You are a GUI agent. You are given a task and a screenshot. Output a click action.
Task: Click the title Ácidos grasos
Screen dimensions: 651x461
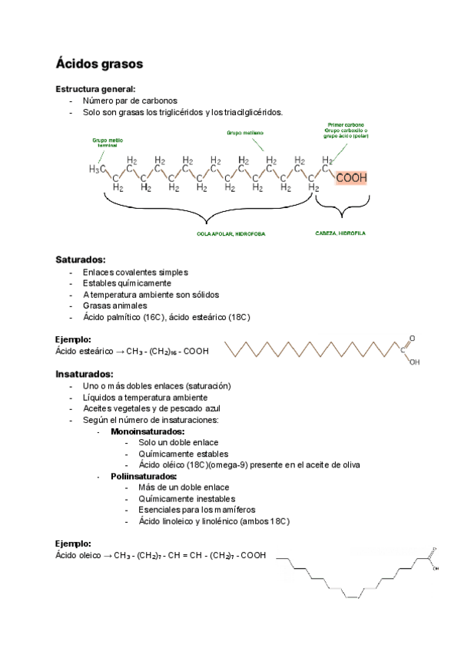click(x=98, y=62)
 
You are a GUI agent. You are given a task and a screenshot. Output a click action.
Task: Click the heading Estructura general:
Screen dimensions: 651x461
click(x=95, y=89)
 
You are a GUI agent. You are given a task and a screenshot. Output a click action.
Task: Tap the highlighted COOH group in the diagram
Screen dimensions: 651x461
click(x=351, y=177)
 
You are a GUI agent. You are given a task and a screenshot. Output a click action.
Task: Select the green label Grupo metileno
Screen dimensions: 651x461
click(x=244, y=132)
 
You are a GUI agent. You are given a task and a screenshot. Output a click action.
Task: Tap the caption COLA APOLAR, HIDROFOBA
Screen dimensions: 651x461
click(x=231, y=233)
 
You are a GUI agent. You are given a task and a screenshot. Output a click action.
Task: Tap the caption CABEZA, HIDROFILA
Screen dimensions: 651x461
click(x=340, y=233)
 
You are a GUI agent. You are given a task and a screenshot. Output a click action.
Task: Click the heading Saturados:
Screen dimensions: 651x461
click(x=81, y=259)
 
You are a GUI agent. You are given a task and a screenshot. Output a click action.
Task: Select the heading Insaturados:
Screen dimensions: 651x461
click(x=85, y=374)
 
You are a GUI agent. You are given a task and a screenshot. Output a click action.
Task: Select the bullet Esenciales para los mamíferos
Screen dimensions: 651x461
click(x=197, y=510)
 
